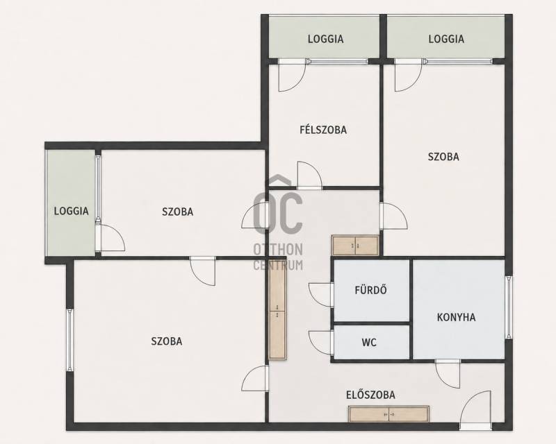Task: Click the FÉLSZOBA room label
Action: [x=323, y=130]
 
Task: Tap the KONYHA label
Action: [x=456, y=317]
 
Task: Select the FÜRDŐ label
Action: [x=370, y=289]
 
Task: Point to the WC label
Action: [x=369, y=343]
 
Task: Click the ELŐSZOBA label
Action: [x=370, y=395]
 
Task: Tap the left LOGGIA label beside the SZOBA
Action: [x=71, y=211]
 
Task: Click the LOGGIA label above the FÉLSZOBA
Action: [x=325, y=39]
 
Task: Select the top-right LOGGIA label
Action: [x=446, y=39]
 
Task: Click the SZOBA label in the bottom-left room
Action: [x=167, y=341]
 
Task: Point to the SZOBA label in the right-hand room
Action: [x=443, y=157]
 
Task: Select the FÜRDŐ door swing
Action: [x=321, y=295]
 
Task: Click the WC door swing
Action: [x=321, y=343]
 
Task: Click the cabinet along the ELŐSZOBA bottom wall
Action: [x=389, y=413]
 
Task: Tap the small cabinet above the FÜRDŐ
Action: [x=355, y=246]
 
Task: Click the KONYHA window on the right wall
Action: [x=509, y=307]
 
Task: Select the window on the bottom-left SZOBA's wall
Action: [x=70, y=339]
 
